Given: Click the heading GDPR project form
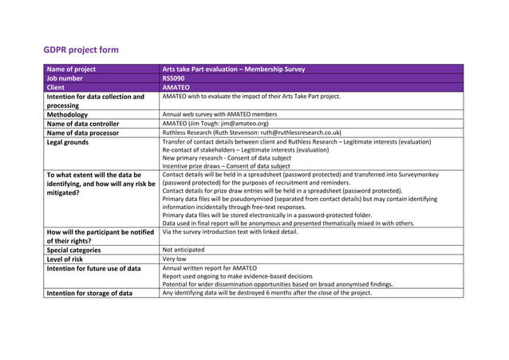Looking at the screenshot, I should tap(81, 50).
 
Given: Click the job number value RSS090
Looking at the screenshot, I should tap(174, 78).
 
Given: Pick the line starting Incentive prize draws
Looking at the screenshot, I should tap(226, 166).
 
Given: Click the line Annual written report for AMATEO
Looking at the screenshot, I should tap(209, 268).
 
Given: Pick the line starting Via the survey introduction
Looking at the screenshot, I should tap(230, 231).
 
